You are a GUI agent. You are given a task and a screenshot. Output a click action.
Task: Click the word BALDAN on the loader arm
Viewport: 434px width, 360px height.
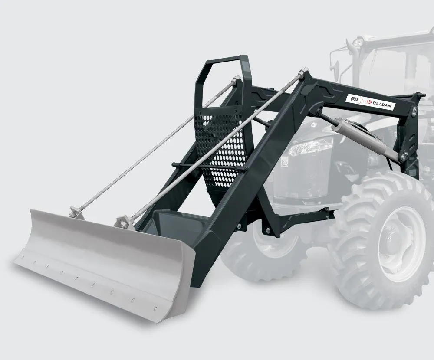coord(383,105)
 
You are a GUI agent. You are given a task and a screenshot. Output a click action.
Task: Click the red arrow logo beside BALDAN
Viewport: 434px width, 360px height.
coord(369,102)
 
